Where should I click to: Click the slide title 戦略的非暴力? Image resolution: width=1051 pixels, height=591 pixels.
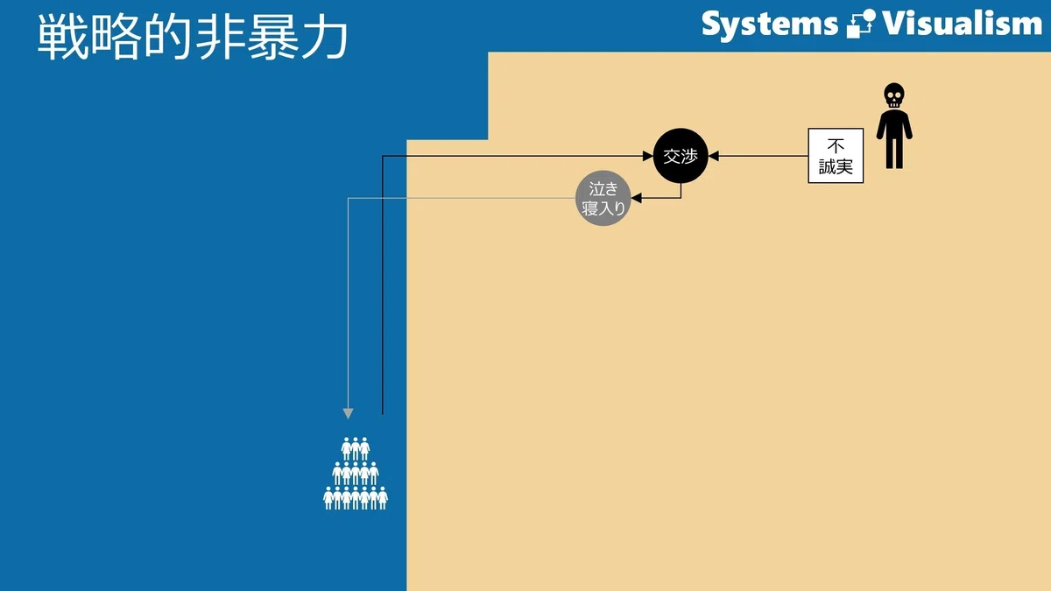tap(193, 37)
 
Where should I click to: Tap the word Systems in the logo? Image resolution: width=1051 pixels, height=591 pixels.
tap(770, 25)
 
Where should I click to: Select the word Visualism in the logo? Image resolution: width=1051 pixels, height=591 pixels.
tap(963, 24)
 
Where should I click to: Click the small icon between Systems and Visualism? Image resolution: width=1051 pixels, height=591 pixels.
tap(861, 24)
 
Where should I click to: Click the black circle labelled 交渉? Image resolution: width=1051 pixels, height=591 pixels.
tap(681, 156)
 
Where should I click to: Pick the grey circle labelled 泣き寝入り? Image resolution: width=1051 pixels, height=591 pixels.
tap(603, 198)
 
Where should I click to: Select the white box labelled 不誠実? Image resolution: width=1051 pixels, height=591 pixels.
tap(836, 156)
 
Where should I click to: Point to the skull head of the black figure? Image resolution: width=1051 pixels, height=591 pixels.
tap(894, 95)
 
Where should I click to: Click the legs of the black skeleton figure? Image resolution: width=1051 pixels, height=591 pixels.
tap(894, 152)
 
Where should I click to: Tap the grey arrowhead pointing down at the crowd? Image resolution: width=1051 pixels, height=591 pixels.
tap(348, 413)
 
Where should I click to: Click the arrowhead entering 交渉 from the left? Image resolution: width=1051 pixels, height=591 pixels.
tap(648, 156)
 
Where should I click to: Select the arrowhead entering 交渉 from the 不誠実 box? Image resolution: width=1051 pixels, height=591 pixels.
tap(714, 156)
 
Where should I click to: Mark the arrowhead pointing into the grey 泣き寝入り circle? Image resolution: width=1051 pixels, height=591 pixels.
tap(636, 198)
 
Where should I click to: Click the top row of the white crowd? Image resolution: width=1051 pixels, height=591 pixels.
tap(356, 449)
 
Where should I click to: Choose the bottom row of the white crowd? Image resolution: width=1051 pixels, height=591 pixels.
tap(356, 498)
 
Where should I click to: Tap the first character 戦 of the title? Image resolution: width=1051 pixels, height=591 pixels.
tap(63, 37)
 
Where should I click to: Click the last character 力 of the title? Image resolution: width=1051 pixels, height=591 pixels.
tap(324, 37)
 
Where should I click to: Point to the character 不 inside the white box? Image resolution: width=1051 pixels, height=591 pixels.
tap(836, 146)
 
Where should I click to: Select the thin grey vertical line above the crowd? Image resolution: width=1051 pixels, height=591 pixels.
tap(348, 303)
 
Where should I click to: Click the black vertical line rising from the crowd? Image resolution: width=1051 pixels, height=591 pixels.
tap(383, 285)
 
